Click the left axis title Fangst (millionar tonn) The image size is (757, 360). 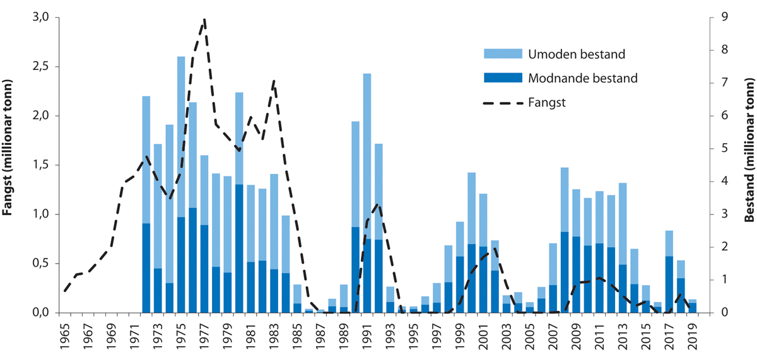pos(9,165)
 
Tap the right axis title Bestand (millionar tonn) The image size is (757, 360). pos(749,165)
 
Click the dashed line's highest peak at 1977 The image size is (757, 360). pos(204,20)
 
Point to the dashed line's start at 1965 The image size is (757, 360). pos(65,291)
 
